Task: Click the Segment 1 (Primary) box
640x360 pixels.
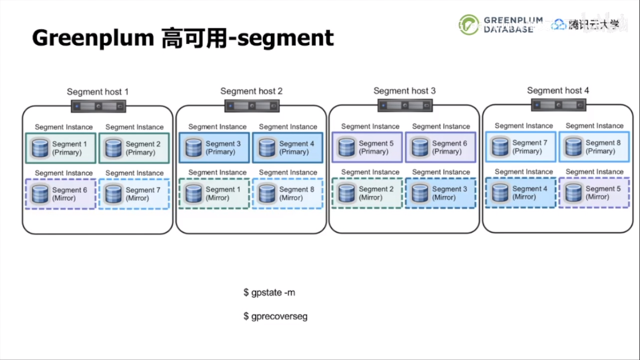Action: [x=61, y=148]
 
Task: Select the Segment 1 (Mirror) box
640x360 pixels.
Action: [x=214, y=194]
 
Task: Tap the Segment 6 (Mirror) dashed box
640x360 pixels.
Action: [x=61, y=194]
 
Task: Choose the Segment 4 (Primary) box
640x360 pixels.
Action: [x=288, y=148]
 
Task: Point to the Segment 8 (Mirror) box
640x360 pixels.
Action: [x=288, y=194]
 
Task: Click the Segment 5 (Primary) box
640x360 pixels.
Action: [x=367, y=147]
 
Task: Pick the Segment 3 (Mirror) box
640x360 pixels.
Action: [x=440, y=193]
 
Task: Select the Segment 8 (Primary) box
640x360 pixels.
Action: [x=594, y=147]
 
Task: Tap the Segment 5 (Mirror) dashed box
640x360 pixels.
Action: [x=594, y=193]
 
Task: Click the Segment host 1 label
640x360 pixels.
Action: [x=97, y=92]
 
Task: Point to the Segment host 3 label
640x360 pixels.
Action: [x=404, y=91]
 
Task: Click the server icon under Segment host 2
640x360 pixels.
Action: [x=252, y=106]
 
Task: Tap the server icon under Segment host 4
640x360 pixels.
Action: [x=558, y=105]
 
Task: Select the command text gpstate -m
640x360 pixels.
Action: [x=269, y=293]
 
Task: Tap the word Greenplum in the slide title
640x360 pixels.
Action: [x=93, y=38]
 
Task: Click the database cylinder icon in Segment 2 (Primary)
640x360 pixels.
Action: [x=113, y=148]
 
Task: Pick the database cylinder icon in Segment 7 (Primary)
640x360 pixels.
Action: [x=500, y=147]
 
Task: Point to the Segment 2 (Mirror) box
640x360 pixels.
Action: [x=367, y=193]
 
